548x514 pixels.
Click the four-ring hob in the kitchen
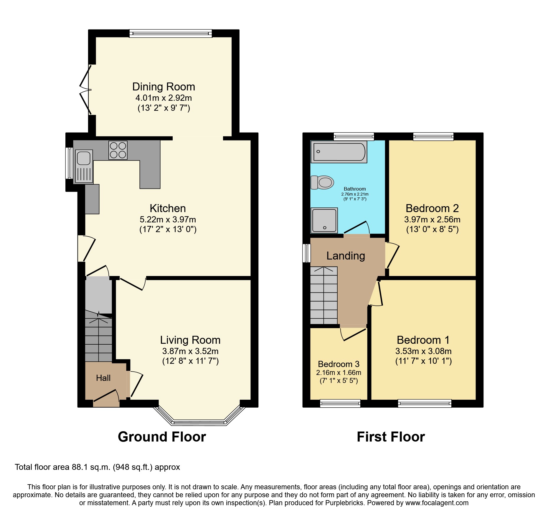118,150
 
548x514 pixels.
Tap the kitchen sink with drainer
84,166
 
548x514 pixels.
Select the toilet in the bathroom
323,183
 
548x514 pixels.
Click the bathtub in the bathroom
339,152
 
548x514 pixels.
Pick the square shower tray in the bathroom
324,220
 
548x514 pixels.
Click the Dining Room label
164,87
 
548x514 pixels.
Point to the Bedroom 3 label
339,364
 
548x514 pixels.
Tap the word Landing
346,256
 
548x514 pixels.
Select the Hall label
103,378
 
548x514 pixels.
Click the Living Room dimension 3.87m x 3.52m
190,351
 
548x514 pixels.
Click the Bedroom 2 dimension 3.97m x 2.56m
432,219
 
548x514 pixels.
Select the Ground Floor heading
162,437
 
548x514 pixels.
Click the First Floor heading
391,437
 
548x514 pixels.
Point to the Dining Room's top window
170,33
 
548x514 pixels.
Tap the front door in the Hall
106,396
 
